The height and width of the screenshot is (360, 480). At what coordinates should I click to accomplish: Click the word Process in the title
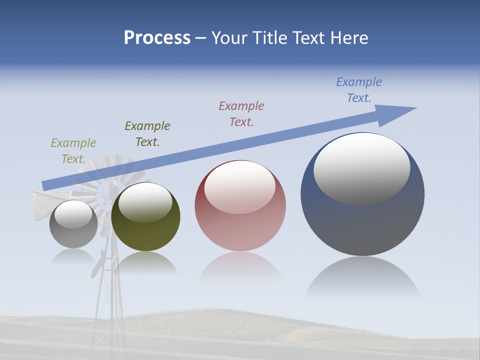pyautogui.click(x=157, y=38)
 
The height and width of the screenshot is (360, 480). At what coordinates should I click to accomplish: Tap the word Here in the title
pyautogui.click(x=349, y=38)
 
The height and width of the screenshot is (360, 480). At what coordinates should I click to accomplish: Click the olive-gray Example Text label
pyautogui.click(x=73, y=151)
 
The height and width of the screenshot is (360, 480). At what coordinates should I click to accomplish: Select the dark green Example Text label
pyautogui.click(x=147, y=134)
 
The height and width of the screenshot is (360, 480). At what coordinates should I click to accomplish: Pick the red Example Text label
pyautogui.click(x=241, y=114)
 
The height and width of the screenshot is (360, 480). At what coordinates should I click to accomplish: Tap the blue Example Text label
pyautogui.click(x=359, y=90)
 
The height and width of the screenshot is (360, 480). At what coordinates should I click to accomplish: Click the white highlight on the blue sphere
pyautogui.click(x=362, y=167)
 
